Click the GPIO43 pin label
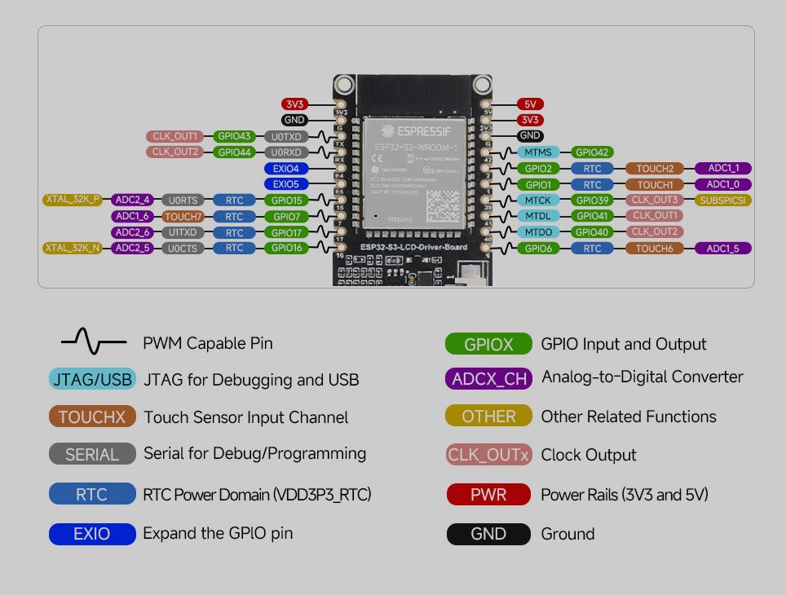(234, 136)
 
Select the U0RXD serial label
(286, 152)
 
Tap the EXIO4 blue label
(285, 169)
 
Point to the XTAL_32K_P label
(73, 200)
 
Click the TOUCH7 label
(183, 217)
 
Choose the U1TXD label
(183, 232)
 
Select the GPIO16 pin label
(286, 248)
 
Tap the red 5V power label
(530, 104)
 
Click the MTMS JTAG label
(537, 152)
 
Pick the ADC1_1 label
(722, 169)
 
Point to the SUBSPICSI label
(722, 201)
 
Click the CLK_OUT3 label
(655, 200)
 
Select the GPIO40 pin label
(592, 232)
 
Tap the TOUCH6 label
(655, 249)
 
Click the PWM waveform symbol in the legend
(94, 342)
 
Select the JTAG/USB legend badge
(92, 380)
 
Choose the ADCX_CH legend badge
(489, 378)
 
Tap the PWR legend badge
(488, 495)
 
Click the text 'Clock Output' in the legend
(589, 455)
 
